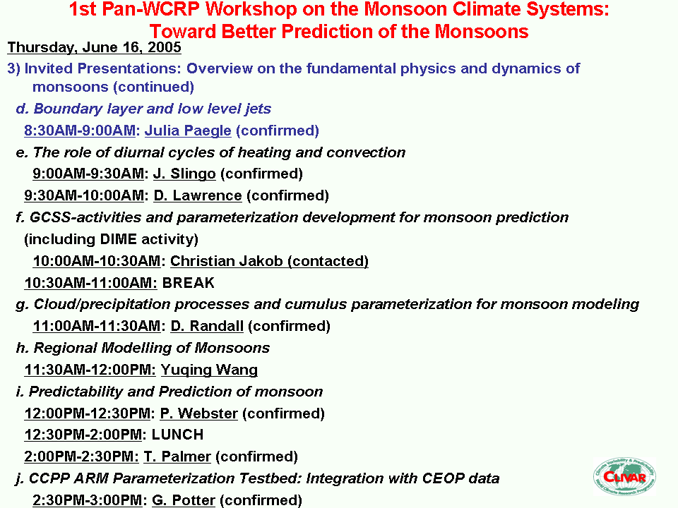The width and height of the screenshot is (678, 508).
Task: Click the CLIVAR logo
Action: (x=624, y=477)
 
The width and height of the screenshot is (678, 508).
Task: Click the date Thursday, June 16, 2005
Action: (x=94, y=47)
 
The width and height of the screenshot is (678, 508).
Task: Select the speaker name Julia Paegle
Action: (x=188, y=131)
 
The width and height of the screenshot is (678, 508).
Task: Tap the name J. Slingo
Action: (x=184, y=174)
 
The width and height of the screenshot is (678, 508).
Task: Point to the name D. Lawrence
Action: (x=198, y=195)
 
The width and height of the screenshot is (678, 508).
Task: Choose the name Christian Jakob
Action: (x=226, y=261)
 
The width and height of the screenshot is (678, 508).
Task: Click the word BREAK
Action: (x=188, y=282)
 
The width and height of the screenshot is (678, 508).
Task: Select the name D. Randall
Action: (x=207, y=326)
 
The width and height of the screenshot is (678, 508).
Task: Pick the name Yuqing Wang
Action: (x=209, y=370)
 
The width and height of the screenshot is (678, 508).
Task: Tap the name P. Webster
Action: (x=199, y=413)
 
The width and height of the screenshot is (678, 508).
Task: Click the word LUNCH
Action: (x=177, y=435)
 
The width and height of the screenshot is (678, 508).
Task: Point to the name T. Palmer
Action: (x=177, y=456)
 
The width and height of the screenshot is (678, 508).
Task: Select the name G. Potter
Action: (x=184, y=500)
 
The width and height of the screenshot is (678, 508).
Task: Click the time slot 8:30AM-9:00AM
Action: (x=80, y=131)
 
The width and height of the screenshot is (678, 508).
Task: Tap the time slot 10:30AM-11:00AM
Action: (x=91, y=282)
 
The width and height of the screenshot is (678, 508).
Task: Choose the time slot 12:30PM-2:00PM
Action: (x=83, y=435)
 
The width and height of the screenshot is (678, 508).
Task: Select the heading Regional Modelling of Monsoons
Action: (x=152, y=348)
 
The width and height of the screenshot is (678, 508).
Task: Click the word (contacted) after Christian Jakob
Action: (x=328, y=261)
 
